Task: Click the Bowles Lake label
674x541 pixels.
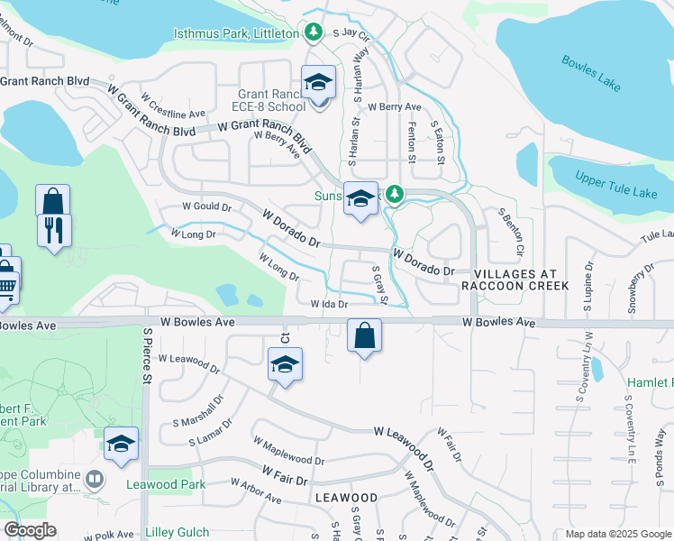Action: (x=591, y=74)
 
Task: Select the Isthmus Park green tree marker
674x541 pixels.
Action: (x=314, y=33)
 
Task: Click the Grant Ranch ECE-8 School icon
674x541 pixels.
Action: (x=318, y=84)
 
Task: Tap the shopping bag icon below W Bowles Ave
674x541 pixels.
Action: (x=364, y=336)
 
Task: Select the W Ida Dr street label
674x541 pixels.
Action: (x=329, y=305)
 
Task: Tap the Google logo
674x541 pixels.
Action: (x=30, y=530)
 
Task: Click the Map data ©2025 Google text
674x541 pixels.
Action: (x=616, y=534)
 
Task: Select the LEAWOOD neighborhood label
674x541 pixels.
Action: (x=346, y=498)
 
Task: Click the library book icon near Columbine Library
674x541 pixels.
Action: (x=95, y=477)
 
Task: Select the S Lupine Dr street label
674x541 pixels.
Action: (x=587, y=286)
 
